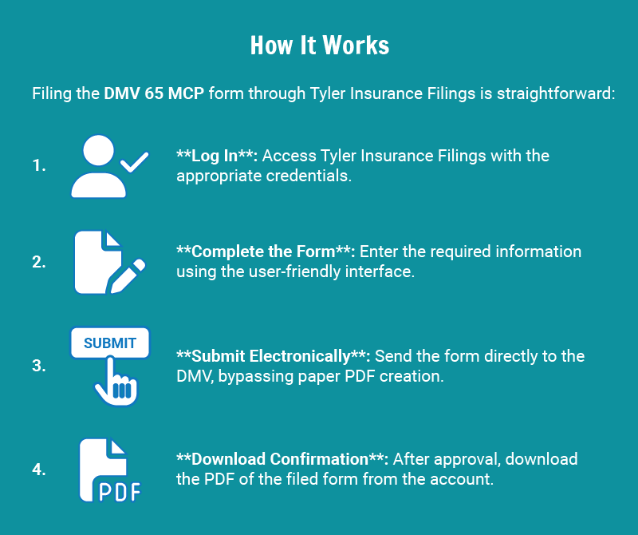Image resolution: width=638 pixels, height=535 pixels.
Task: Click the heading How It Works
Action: pyautogui.click(x=320, y=45)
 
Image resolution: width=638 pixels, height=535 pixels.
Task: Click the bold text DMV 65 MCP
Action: pyautogui.click(x=154, y=93)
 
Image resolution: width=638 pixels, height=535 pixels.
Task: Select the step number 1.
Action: pyautogui.click(x=39, y=166)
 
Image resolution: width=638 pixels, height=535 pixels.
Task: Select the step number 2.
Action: pyautogui.click(x=39, y=262)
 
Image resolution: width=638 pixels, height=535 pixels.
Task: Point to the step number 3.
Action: pyautogui.click(x=39, y=366)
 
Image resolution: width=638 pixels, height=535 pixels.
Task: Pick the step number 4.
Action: pyautogui.click(x=39, y=470)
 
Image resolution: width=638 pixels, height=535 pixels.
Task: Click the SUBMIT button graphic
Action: pyautogui.click(x=110, y=343)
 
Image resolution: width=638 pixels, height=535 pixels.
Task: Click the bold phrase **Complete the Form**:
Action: pyautogui.click(x=266, y=252)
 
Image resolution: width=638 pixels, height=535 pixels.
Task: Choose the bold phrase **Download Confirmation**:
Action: pyautogui.click(x=282, y=459)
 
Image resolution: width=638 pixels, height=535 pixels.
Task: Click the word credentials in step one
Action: pyautogui.click(x=307, y=175)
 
